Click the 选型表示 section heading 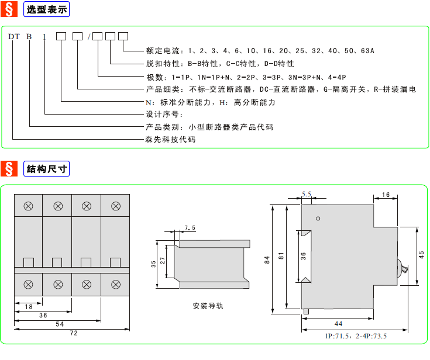[x=47, y=9]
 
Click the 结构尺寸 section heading [x=47, y=169]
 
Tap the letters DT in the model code [x=14, y=36]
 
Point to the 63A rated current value [x=367, y=51]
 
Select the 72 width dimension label [x=74, y=333]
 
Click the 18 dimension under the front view [x=29, y=307]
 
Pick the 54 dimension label [x=60, y=324]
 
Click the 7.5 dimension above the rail [x=190, y=228]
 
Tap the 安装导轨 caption [x=208, y=306]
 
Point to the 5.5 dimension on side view [x=307, y=194]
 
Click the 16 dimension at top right [x=386, y=195]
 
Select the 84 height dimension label [x=267, y=260]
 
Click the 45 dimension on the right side [x=421, y=255]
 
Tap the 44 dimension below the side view [x=338, y=324]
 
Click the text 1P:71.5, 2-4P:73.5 [x=356, y=336]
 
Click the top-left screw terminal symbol [x=29, y=206]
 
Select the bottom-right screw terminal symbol [x=116, y=285]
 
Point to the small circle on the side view [x=318, y=219]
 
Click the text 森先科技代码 [x=171, y=140]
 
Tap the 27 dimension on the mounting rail [x=163, y=261]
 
